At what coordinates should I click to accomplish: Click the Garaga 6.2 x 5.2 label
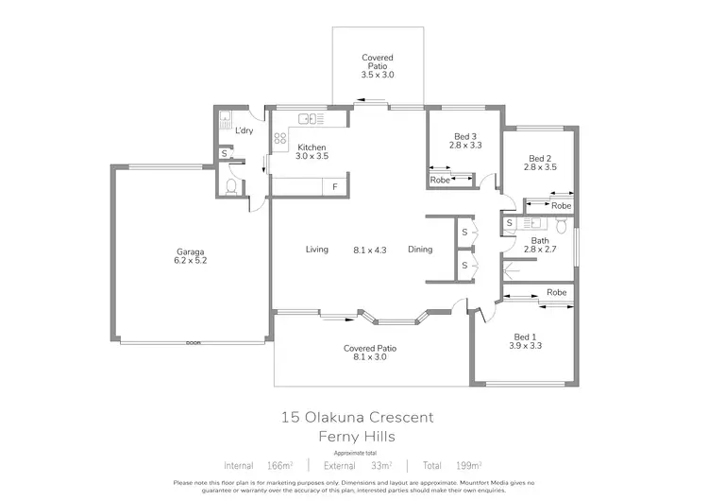click(x=191, y=255)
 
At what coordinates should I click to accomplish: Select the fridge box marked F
click(x=334, y=187)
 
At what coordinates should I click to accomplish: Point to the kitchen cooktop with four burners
click(x=280, y=138)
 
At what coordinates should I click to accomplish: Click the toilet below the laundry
click(x=230, y=184)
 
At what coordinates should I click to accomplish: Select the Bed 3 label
click(x=464, y=140)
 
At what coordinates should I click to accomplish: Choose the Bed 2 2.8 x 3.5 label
click(x=540, y=163)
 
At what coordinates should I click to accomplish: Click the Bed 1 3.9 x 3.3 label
click(x=526, y=340)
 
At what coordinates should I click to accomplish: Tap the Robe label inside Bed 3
click(x=440, y=179)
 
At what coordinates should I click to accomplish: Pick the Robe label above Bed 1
click(x=556, y=293)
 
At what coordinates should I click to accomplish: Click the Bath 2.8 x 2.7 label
click(x=540, y=246)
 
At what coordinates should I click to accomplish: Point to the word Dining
click(x=420, y=250)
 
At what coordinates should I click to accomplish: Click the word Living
click(x=316, y=250)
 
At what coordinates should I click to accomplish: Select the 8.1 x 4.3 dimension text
click(x=368, y=250)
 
